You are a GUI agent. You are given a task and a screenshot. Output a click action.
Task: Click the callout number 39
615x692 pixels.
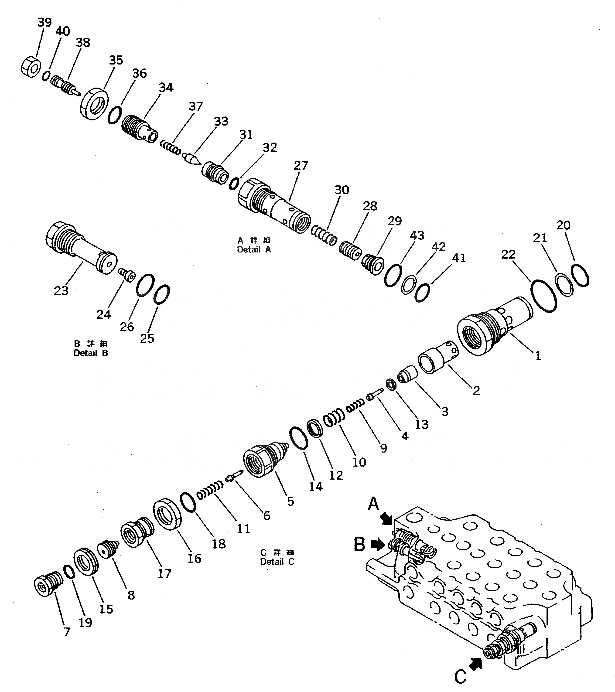tap(44, 23)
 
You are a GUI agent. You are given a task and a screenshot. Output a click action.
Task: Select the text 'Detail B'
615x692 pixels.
tap(91, 353)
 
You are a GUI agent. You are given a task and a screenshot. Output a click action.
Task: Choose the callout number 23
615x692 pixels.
tap(61, 290)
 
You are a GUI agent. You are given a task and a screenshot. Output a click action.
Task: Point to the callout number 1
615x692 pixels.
tap(538, 356)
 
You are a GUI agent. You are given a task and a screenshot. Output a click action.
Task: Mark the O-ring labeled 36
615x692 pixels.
tap(115, 115)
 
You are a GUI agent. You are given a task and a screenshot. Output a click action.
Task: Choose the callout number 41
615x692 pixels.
tap(459, 258)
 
